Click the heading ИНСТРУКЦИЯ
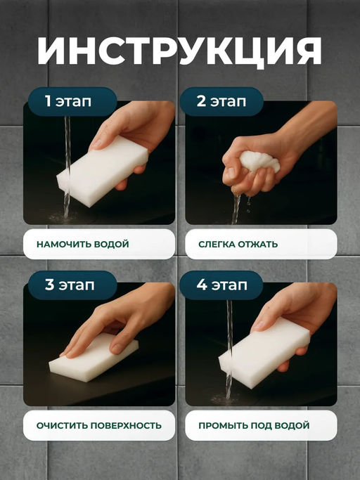(180, 51)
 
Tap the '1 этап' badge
(72, 101)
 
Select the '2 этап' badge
(221, 101)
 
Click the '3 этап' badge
(72, 285)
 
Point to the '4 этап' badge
(221, 285)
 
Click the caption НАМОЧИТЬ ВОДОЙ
(83, 245)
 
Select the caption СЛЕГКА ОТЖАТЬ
(238, 245)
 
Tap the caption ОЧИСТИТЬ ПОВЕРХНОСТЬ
(99, 425)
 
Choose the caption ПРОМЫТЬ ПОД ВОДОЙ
(254, 425)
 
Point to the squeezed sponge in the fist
(260, 162)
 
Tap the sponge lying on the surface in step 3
(94, 357)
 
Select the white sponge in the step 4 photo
(264, 353)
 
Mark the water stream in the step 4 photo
(229, 349)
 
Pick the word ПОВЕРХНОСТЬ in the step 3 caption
(127, 425)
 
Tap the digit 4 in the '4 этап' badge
(202, 285)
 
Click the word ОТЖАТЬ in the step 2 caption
(258, 245)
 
